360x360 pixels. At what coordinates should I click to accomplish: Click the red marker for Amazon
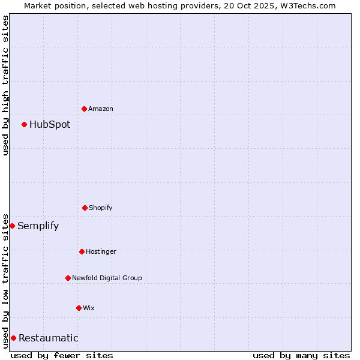coord(84,109)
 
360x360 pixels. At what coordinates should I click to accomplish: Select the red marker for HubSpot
coord(24,124)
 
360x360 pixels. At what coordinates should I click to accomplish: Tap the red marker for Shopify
coord(85,208)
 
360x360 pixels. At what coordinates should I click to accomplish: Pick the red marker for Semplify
coord(12,226)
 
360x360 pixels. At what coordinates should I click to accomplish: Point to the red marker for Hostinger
coord(82,251)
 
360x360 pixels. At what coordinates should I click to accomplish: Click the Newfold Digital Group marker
coord(68,278)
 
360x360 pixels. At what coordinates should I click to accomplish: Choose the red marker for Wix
coord(79,308)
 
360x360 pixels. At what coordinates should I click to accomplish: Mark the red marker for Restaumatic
coord(13,338)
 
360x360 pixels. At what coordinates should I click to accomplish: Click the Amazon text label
coord(101,109)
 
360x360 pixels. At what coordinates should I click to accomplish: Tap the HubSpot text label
coord(50,124)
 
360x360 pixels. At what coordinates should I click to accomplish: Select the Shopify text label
coord(101,208)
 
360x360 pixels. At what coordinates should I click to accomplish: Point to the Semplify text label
coord(38,226)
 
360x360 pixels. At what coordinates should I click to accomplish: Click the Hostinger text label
coord(101,251)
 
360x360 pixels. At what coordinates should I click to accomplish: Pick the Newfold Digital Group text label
coord(107,278)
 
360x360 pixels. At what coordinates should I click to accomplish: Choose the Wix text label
coord(89,308)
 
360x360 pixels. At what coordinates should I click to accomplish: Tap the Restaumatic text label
coord(49,338)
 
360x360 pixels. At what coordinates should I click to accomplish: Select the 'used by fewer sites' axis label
coord(62,355)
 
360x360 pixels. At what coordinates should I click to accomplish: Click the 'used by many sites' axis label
coord(301,355)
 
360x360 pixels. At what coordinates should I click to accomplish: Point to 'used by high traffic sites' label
coord(5,85)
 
